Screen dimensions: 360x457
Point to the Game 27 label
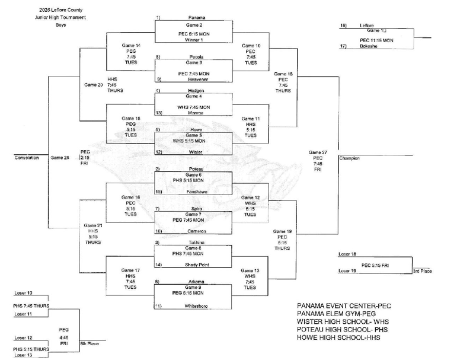click(318, 152)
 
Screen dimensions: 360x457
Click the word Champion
click(349, 158)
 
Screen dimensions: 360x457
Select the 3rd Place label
click(422, 271)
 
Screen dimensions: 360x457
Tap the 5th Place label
click(88, 343)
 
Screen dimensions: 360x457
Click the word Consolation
click(26, 158)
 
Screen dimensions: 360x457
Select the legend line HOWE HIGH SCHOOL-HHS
click(338, 337)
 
